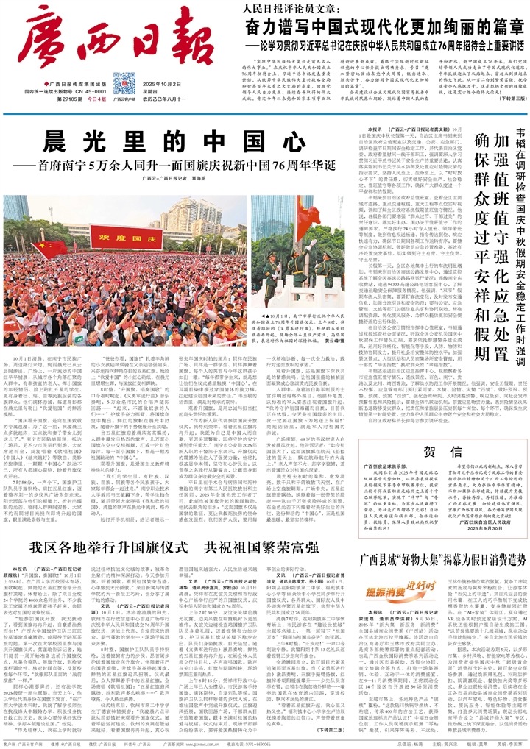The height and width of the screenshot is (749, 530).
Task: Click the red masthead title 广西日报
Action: pyautogui.click(x=111, y=37)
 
